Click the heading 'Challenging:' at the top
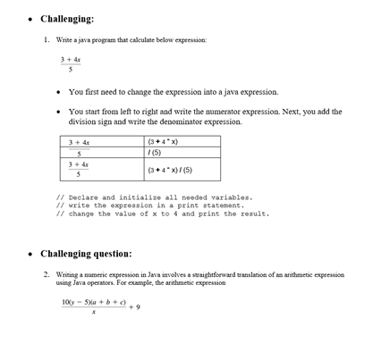[67, 19]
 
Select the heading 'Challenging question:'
[86, 253]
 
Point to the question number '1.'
[47, 40]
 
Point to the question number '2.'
[47, 274]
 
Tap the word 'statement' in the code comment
[222, 205]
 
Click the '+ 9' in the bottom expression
[133, 307]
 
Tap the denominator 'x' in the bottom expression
[92, 314]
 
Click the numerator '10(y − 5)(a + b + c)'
[93, 302]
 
